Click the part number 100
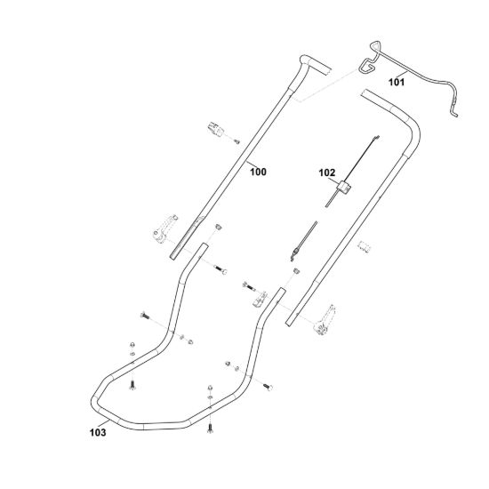[x=258, y=172]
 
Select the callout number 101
[x=397, y=83]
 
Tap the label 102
[x=327, y=172]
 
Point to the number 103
[x=98, y=433]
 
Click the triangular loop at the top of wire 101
[x=375, y=45]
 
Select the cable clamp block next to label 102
[x=344, y=188]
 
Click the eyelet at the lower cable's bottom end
[x=293, y=256]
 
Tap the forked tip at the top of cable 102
[x=377, y=137]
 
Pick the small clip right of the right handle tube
[x=365, y=246]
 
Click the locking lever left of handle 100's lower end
[x=164, y=228]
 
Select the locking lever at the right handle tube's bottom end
[x=325, y=320]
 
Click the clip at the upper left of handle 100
[x=215, y=129]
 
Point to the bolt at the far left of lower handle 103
[x=145, y=316]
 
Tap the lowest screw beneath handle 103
[x=210, y=429]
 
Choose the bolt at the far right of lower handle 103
[x=268, y=387]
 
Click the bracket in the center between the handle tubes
[x=260, y=300]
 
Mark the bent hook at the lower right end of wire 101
[x=453, y=112]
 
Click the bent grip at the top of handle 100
[x=312, y=66]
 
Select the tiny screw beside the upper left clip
[x=237, y=141]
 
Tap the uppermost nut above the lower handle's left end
[x=132, y=344]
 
